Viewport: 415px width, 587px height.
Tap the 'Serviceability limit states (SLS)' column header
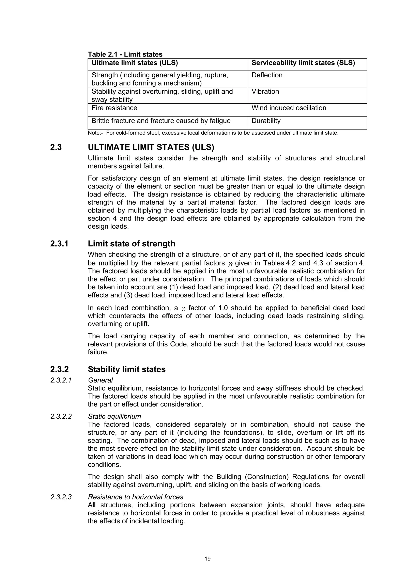coord(303,63)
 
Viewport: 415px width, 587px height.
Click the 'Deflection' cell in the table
coord(267,75)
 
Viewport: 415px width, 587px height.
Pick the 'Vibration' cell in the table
coord(265,92)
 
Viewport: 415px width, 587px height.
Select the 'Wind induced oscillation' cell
coord(289,108)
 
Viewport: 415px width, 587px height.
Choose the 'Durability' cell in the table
coord(266,121)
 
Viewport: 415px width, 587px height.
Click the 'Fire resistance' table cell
coord(114,108)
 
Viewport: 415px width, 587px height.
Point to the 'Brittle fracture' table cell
coord(161,121)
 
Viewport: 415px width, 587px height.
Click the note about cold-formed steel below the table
coord(213,133)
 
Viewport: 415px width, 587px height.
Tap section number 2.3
coord(56,147)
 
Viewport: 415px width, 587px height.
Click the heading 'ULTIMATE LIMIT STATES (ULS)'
coord(151,147)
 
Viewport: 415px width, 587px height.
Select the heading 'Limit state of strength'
coord(132,244)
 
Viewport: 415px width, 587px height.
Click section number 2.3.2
coord(59,369)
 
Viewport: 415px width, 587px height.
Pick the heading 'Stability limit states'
coord(127,369)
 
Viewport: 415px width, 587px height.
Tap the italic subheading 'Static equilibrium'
coord(114,416)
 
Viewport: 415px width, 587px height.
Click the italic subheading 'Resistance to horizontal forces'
coord(136,497)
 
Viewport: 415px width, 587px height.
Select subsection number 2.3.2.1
coord(61,380)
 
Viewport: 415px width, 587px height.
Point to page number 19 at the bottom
coord(207,559)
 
